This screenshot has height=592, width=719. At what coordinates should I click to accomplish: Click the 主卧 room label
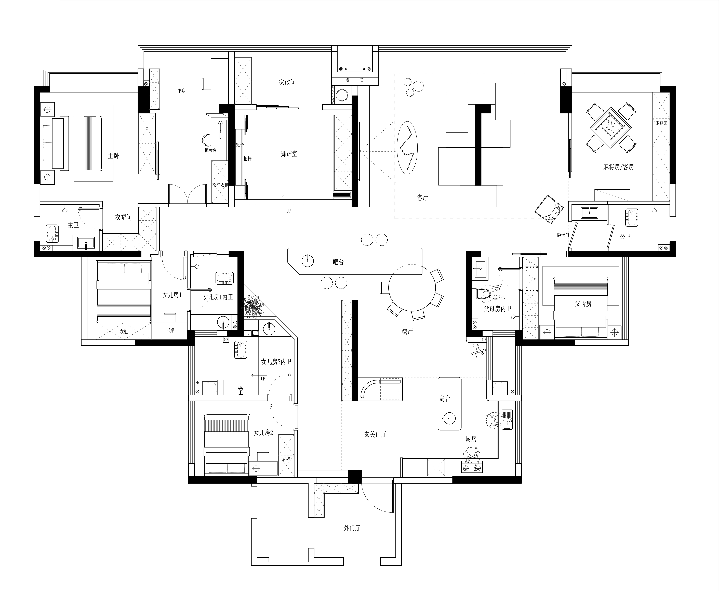114,156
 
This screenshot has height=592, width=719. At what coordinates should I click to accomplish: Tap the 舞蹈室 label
289,154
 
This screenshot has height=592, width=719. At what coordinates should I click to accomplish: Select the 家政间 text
287,82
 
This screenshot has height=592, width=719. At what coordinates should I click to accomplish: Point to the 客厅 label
422,198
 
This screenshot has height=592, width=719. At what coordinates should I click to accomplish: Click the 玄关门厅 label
375,435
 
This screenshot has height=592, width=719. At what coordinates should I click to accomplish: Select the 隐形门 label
563,235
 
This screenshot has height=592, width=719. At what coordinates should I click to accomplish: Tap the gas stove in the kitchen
472,467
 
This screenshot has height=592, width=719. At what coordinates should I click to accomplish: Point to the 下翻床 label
661,123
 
